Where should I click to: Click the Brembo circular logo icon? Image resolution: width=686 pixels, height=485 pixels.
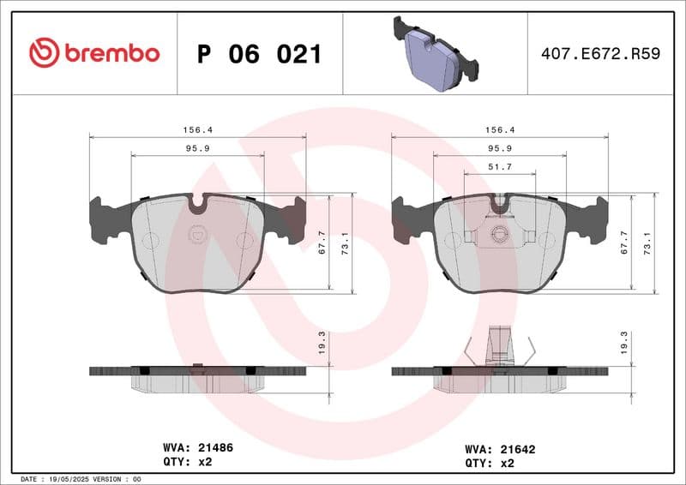tap(44, 53)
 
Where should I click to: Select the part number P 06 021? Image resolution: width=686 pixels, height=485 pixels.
tap(259, 54)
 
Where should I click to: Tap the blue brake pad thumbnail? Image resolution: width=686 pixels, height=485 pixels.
tap(434, 53)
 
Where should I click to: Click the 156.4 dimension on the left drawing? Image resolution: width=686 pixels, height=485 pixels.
tap(197, 129)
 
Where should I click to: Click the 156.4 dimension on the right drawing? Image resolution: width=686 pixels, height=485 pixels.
tap(499, 129)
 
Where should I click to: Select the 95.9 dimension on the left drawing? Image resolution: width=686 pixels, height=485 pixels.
tap(197, 148)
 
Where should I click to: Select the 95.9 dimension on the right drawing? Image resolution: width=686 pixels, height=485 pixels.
tap(499, 148)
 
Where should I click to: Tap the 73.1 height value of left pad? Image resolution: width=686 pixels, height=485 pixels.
tap(346, 243)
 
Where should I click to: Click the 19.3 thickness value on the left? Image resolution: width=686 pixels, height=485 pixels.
tap(322, 345)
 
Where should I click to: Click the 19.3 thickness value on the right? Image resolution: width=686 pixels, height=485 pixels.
tap(624, 345)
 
